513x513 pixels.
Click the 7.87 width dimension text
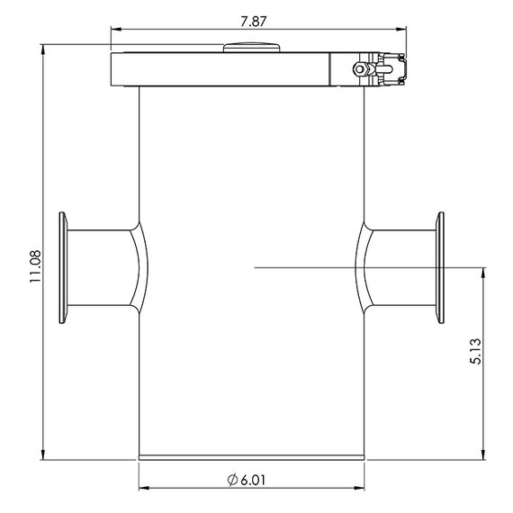(x=254, y=22)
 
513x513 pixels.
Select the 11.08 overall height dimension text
(x=35, y=266)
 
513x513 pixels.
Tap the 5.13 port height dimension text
(x=475, y=351)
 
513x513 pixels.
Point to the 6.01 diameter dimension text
(x=253, y=480)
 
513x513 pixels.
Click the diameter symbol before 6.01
(x=232, y=480)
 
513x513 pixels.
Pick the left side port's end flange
(x=63, y=267)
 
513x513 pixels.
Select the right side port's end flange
(x=440, y=267)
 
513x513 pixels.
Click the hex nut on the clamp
(x=360, y=69)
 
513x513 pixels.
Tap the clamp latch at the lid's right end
(x=392, y=69)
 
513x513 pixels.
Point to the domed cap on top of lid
(x=252, y=48)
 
